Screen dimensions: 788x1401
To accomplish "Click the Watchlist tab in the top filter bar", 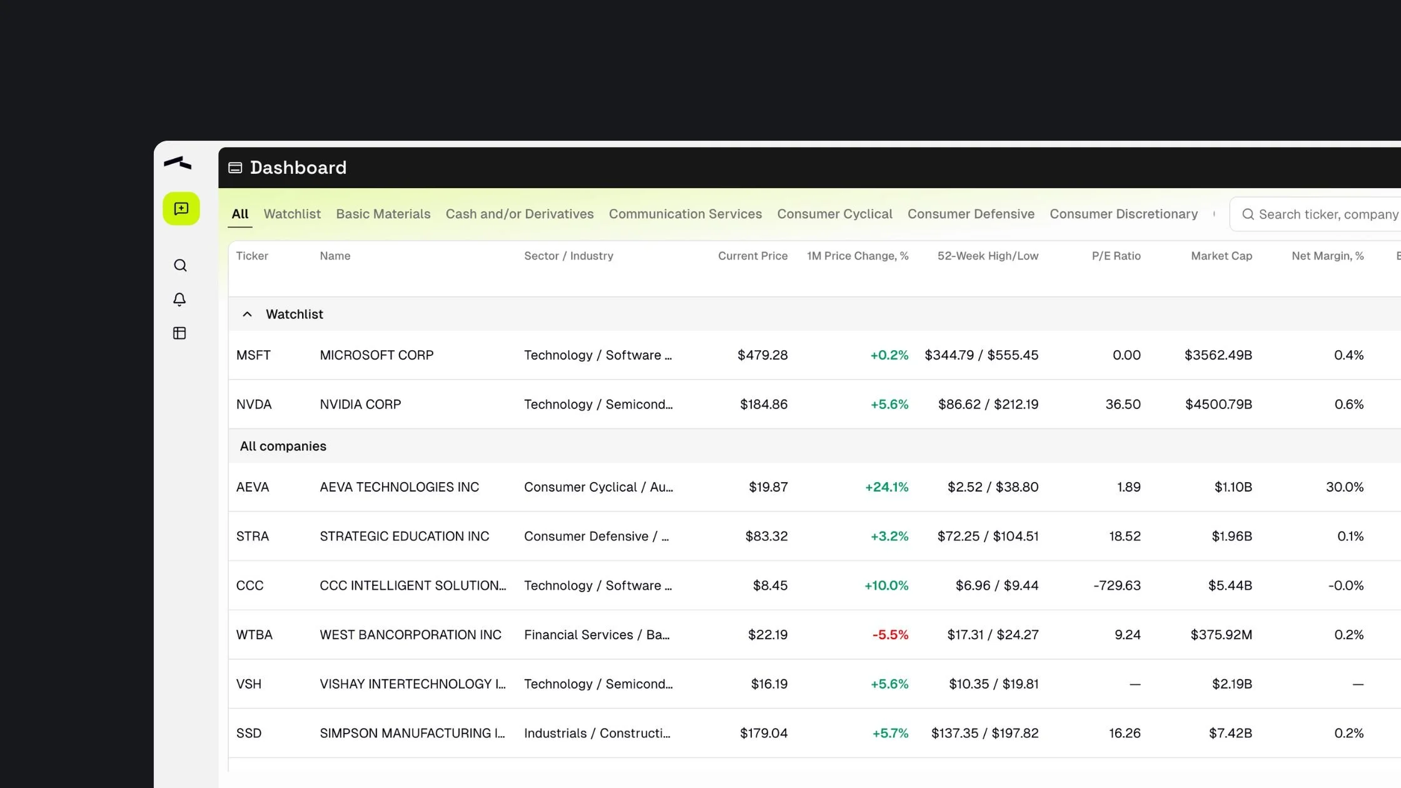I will click(x=292, y=214).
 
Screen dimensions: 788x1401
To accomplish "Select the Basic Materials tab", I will click(x=383, y=214).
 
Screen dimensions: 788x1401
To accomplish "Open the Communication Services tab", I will click(x=685, y=214).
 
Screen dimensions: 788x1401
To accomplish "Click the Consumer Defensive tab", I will click(x=971, y=214).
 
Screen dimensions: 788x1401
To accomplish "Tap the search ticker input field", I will click(x=1326, y=215).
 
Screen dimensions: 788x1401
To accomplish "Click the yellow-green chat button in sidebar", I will click(x=181, y=209).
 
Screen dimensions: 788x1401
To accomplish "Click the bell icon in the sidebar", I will click(x=180, y=300).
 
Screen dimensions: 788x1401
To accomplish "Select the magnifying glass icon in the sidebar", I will click(x=180, y=266).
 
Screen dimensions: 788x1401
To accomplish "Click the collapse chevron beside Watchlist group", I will click(x=247, y=315).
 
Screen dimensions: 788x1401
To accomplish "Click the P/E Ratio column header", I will click(x=1116, y=256).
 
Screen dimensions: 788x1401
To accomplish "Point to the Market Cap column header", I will click(x=1221, y=256).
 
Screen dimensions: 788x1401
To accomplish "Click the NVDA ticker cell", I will click(x=254, y=405).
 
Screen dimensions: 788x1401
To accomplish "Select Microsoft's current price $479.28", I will click(x=762, y=355).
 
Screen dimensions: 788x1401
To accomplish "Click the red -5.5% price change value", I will click(x=890, y=635).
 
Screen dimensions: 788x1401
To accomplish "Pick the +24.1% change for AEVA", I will click(x=886, y=487).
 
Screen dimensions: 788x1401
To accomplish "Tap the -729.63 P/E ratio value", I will click(x=1116, y=586).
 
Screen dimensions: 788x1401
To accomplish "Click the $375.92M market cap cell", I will click(x=1221, y=635).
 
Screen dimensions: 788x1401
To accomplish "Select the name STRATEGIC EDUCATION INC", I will click(x=404, y=537).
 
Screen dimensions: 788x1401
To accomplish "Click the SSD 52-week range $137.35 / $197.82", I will click(x=984, y=734).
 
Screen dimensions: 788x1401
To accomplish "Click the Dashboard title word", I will click(x=298, y=168).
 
